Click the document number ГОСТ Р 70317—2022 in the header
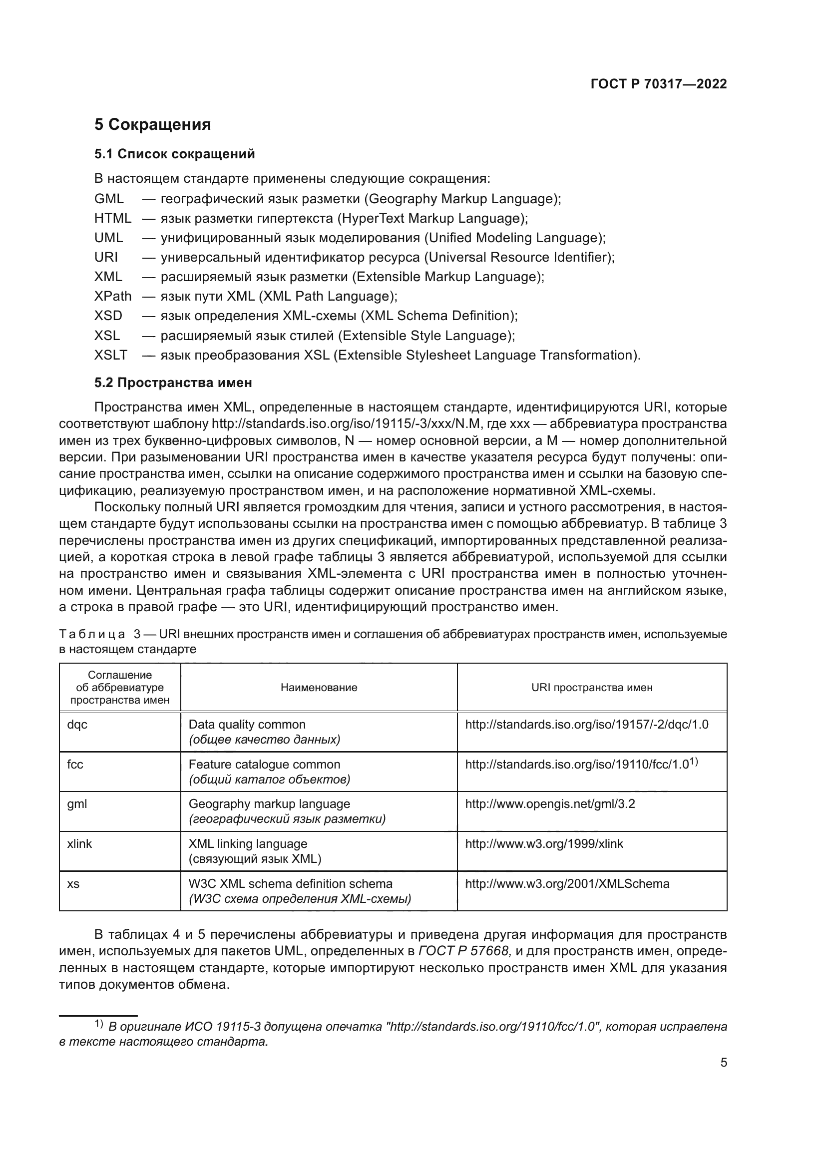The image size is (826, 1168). coord(659,84)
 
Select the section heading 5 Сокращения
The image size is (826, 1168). coord(153,124)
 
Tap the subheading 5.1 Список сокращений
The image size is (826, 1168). coord(174,154)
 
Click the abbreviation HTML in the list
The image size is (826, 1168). coord(112,218)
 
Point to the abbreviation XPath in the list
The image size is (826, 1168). coord(112,296)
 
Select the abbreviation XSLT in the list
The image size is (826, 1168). coord(110,355)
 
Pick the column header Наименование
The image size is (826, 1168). coord(319,687)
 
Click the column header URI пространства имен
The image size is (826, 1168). coord(591,687)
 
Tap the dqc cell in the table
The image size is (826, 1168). coord(77,725)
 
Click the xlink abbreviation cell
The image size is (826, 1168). coord(80,843)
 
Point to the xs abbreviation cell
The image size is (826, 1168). coord(73,884)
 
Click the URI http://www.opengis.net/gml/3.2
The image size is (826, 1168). coord(550,804)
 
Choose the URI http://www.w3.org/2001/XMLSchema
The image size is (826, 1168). coord(567,884)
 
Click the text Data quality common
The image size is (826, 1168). coord(247,725)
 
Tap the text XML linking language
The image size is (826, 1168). coord(248,843)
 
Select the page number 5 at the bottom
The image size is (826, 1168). coord(724,1063)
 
